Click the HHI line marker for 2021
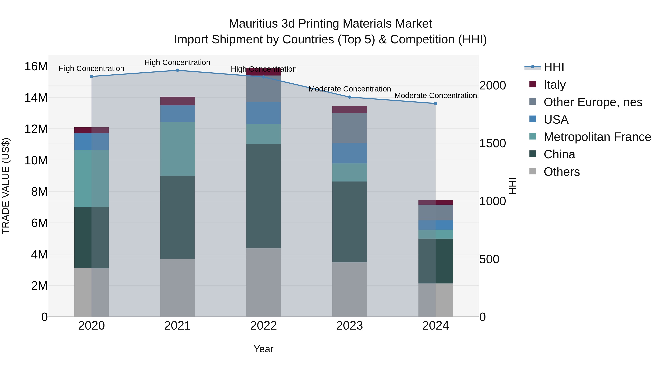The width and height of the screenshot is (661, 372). tap(177, 70)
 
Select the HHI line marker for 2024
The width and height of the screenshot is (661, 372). tap(436, 103)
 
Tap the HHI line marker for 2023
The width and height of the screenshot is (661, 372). tap(349, 97)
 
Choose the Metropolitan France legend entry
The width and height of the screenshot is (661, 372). tap(597, 137)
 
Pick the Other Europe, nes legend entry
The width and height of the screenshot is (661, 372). tap(593, 102)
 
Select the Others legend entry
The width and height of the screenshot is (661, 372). tap(561, 172)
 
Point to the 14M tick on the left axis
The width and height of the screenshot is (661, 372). tap(36, 98)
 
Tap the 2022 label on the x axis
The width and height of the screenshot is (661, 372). tap(263, 326)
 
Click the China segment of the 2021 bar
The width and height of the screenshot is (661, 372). tap(177, 217)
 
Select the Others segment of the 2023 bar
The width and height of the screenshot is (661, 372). tap(349, 289)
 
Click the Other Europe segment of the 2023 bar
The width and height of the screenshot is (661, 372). tap(349, 128)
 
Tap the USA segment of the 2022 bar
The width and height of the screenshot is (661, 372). tap(263, 113)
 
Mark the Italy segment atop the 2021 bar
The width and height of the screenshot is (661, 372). tap(177, 101)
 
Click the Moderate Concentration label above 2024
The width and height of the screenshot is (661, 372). tap(436, 96)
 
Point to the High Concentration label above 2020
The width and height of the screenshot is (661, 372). tap(91, 69)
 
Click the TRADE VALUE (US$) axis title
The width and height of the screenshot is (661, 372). tap(6, 186)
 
